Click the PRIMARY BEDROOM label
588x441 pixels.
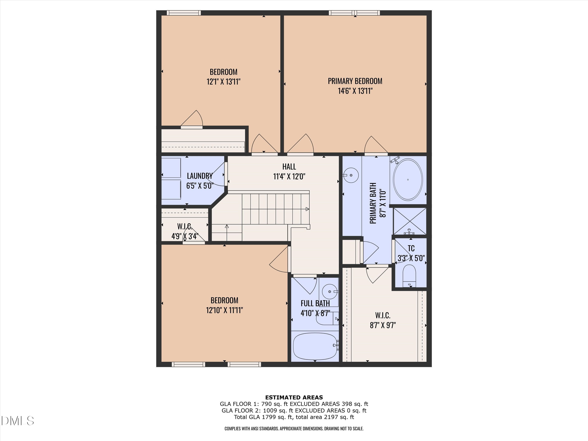[355, 81]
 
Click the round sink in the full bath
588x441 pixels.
[330, 292]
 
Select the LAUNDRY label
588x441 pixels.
[200, 176]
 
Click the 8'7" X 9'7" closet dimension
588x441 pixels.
[383, 325]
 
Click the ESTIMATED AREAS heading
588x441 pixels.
[294, 397]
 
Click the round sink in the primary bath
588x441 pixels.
[351, 175]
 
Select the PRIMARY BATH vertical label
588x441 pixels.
[373, 203]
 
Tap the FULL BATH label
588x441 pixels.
[315, 303]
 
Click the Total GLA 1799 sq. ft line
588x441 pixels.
[294, 417]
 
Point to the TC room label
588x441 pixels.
[411, 248]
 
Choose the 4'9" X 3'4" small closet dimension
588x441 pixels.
[185, 236]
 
